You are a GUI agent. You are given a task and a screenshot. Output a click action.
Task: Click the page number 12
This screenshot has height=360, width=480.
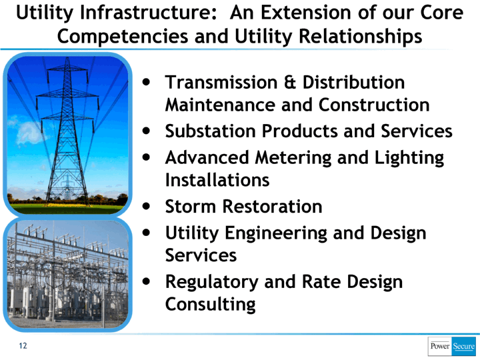[23, 345]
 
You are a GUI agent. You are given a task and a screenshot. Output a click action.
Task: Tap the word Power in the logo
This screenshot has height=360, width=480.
[440, 346]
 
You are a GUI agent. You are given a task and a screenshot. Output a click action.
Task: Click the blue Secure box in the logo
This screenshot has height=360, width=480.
[464, 346]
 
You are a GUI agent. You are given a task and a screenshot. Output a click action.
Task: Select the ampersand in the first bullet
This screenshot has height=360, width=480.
[290, 83]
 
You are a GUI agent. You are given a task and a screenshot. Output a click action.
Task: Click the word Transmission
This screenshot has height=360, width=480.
[221, 83]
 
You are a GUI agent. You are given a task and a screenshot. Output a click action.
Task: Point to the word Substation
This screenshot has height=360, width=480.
[210, 131]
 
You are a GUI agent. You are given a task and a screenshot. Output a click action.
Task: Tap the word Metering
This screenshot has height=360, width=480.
[293, 157]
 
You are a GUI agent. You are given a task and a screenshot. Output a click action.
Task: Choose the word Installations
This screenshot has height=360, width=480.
[217, 180]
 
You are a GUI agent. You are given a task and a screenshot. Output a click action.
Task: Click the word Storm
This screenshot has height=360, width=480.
[191, 206]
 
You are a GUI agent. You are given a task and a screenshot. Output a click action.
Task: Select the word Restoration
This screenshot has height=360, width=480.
[273, 206]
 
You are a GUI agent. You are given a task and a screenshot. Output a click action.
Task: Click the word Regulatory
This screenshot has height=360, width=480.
[211, 282]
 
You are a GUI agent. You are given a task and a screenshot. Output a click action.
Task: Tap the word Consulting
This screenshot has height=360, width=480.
[210, 304]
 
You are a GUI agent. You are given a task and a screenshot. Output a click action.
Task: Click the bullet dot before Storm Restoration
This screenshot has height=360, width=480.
[147, 206]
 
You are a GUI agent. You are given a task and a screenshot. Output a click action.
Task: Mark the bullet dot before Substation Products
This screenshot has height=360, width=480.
[147, 131]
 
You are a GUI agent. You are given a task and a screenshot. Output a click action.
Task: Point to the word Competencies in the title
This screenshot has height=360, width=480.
[123, 37]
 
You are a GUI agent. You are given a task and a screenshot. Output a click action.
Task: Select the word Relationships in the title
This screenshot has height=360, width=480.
[360, 37]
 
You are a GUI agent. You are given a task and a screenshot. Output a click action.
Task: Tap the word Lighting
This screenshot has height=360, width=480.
[409, 157]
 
